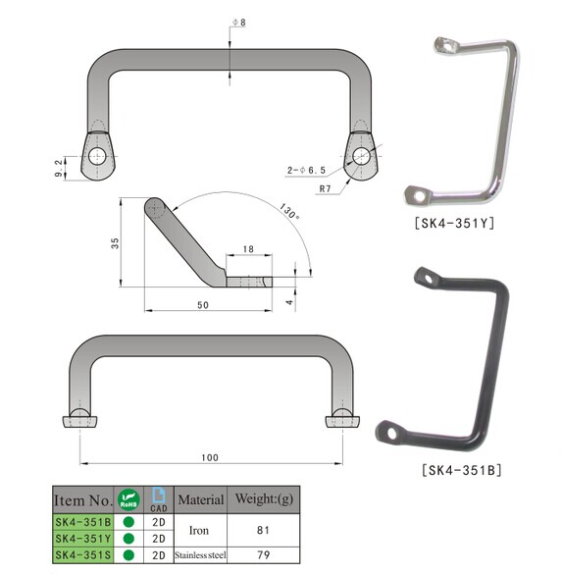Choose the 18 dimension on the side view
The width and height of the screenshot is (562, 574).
[x=247, y=251]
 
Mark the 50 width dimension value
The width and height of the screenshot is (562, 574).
[x=202, y=306]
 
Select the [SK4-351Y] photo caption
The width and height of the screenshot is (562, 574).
[x=453, y=223]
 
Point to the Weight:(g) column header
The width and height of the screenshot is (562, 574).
[x=264, y=499]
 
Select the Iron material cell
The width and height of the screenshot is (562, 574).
[x=201, y=530]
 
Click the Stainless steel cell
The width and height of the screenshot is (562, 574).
[x=201, y=554]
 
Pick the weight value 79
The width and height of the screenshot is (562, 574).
[x=264, y=554]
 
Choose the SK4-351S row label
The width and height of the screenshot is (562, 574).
[x=82, y=554]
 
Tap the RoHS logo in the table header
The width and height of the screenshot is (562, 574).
[x=128, y=498]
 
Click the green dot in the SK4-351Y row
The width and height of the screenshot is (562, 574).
[x=128, y=539]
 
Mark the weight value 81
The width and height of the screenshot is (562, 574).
[x=264, y=530]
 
